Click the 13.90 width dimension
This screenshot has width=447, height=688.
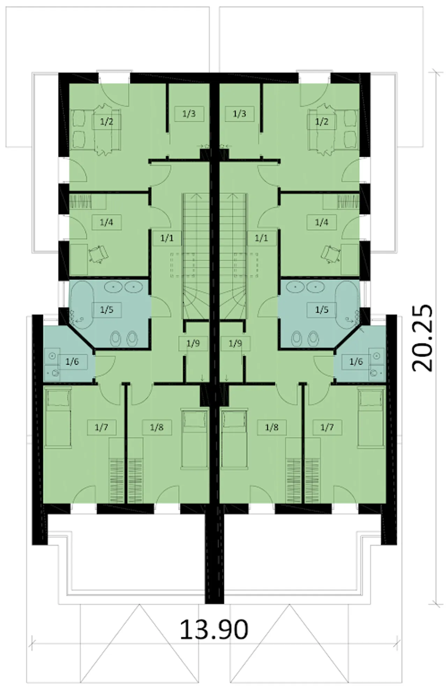pyautogui.click(x=214, y=629)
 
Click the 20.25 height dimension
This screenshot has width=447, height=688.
pyautogui.click(x=422, y=338)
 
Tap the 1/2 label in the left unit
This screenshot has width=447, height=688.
pyautogui.click(x=107, y=122)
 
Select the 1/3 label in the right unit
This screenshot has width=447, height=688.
pyautogui.click(x=239, y=114)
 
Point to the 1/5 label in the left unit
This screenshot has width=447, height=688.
pyautogui.click(x=107, y=309)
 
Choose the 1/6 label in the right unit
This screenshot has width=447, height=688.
pyautogui.click(x=356, y=361)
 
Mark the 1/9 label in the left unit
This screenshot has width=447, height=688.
pyautogui.click(x=193, y=343)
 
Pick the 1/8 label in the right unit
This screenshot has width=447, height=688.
pyautogui.click(x=271, y=427)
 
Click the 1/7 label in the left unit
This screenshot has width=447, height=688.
pyautogui.click(x=101, y=427)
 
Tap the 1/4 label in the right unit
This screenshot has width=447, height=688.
pyautogui.click(x=321, y=222)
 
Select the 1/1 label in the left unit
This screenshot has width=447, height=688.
pyautogui.click(x=167, y=238)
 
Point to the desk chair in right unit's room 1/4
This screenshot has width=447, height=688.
pyautogui.click(x=330, y=254)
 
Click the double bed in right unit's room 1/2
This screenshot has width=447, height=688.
pyautogui.click(x=333, y=129)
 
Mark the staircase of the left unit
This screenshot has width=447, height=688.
pyautogui.click(x=196, y=257)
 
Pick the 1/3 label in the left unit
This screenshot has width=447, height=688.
pyautogui.click(x=189, y=114)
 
